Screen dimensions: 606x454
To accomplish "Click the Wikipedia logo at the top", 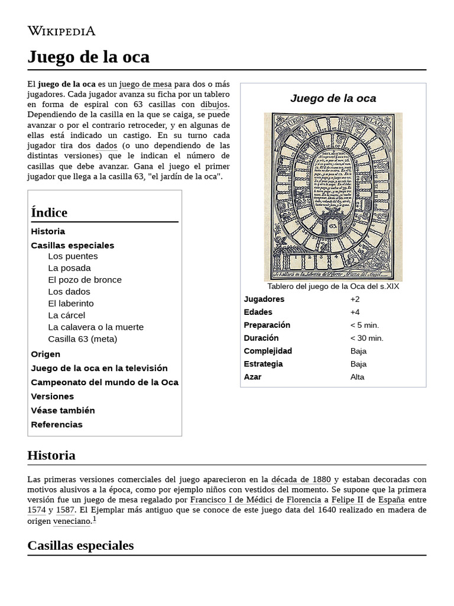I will (x=61, y=31).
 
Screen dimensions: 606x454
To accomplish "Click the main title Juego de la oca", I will (x=88, y=57).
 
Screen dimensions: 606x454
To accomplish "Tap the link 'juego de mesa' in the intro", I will (x=145, y=84).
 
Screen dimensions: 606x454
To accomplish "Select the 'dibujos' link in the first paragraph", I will (x=215, y=105).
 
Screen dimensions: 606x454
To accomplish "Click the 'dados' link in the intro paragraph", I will (x=106, y=146).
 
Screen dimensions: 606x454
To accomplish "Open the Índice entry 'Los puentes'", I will (x=73, y=256).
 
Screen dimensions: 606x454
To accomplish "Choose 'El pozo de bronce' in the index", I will (x=85, y=280).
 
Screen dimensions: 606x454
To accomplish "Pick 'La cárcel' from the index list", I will (x=66, y=315).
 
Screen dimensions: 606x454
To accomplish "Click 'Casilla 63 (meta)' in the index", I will (x=82, y=339).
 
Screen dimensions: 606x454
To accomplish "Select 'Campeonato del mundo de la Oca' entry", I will (x=104, y=382).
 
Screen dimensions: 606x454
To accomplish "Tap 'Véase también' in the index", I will (x=63, y=411).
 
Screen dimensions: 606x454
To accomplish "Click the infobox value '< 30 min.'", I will (x=367, y=338).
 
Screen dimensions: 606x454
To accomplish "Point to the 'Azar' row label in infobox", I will (x=252, y=377).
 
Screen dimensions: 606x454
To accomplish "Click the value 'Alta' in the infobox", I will (x=357, y=377).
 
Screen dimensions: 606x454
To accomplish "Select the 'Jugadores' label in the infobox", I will (x=264, y=299).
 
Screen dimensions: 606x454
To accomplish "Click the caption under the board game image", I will (x=333, y=286).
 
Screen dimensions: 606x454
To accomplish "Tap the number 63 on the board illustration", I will (x=332, y=226).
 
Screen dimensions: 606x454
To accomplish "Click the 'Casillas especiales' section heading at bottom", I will (x=80, y=545).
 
